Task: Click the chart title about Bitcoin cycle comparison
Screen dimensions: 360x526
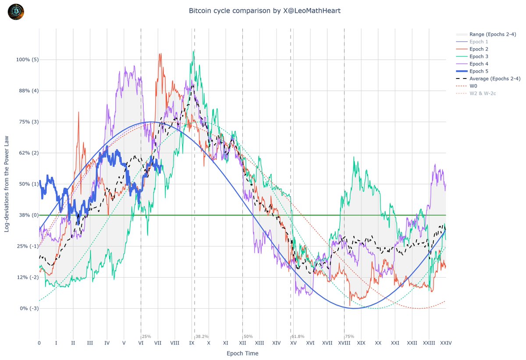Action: [264, 11]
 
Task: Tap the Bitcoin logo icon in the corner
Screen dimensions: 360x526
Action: [16, 12]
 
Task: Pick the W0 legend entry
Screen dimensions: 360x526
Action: [474, 86]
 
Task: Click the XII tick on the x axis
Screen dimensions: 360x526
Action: [242, 343]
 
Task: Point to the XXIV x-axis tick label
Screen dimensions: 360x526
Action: [446, 343]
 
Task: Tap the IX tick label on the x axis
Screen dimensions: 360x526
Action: [192, 343]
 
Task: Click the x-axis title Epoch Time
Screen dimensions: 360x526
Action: [242, 353]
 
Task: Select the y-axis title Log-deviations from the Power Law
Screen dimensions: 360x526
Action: [7, 184]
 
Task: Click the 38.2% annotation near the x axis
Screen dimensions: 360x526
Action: [202, 336]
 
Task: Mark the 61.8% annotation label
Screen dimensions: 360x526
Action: [298, 336]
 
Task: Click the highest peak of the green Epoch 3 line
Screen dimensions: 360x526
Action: [193, 50]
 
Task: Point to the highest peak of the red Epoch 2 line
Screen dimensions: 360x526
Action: [160, 54]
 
